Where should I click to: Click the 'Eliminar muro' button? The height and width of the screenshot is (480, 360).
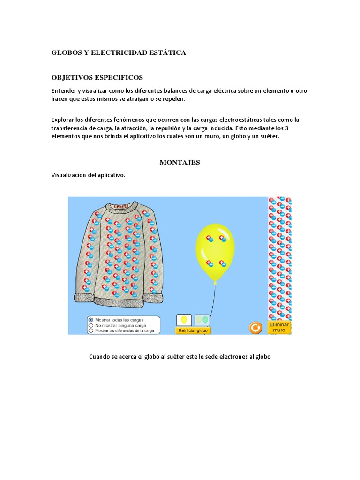tap(279, 327)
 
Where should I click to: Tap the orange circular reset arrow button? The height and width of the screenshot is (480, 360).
tap(255, 327)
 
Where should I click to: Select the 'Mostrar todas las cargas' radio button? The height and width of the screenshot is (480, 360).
tap(91, 320)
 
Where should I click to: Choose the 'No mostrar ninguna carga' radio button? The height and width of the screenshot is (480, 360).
tap(91, 325)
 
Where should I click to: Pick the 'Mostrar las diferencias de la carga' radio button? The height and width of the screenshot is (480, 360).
tap(91, 330)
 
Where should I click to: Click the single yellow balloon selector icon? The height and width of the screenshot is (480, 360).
tap(184, 320)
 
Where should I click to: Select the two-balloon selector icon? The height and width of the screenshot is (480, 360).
tap(202, 320)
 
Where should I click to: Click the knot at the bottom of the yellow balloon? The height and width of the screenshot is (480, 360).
tap(215, 281)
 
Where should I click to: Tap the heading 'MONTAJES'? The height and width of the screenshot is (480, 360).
tap(180, 163)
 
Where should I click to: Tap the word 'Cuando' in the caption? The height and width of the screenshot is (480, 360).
tap(99, 357)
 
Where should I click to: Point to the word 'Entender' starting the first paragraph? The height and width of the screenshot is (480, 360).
tap(64, 90)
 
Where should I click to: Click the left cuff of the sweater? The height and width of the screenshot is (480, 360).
tap(84, 298)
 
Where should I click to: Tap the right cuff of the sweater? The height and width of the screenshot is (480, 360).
tap(153, 297)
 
